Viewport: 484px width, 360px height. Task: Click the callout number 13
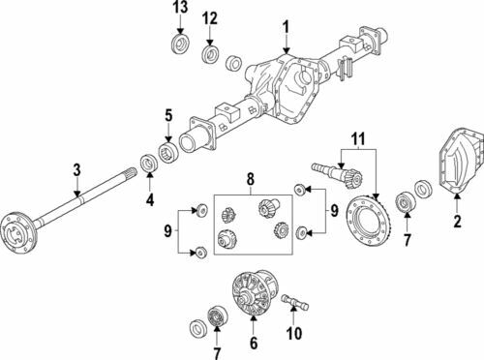click(x=180, y=8)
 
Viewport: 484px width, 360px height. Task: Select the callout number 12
click(x=210, y=18)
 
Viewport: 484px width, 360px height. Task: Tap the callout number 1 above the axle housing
click(x=287, y=27)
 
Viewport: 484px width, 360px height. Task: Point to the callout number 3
click(x=76, y=170)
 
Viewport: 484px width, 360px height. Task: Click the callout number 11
click(x=358, y=138)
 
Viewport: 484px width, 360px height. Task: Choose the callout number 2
click(x=457, y=222)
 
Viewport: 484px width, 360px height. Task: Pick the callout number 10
click(x=294, y=333)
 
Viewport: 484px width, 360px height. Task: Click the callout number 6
click(x=254, y=343)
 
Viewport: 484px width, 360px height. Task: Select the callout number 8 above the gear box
click(x=251, y=179)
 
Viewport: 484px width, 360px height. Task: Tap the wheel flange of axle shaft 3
click(x=16, y=229)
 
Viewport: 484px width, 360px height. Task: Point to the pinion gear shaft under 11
click(x=338, y=173)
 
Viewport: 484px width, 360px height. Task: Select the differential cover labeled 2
click(x=461, y=162)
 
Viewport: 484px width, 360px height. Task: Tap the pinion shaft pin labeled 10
click(x=295, y=302)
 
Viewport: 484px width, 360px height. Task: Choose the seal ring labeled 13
click(x=179, y=44)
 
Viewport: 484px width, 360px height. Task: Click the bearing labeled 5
click(x=169, y=152)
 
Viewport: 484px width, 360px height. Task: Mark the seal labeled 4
click(x=149, y=164)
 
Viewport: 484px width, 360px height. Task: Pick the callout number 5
click(x=169, y=115)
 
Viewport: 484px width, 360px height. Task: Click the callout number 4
click(x=150, y=200)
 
